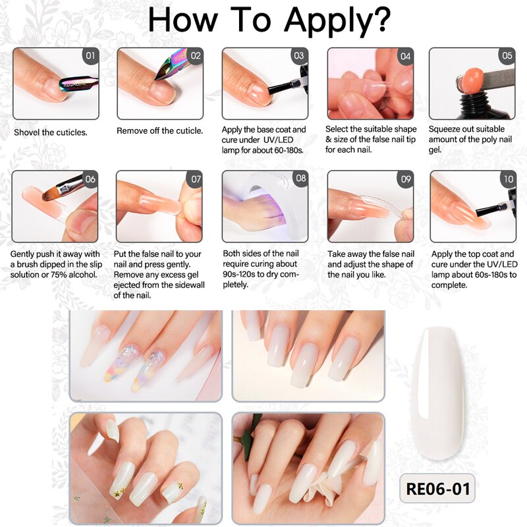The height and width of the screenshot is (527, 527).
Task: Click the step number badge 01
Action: (x=90, y=56)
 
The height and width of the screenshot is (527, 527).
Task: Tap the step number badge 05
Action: (x=507, y=56)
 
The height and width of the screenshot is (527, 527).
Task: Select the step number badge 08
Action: (x=300, y=179)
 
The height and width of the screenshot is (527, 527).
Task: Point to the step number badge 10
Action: (x=508, y=179)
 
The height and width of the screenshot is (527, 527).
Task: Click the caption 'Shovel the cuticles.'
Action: (x=51, y=132)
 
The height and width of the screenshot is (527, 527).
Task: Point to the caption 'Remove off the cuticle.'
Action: (x=160, y=131)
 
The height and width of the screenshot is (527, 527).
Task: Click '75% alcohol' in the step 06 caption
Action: (x=72, y=273)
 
